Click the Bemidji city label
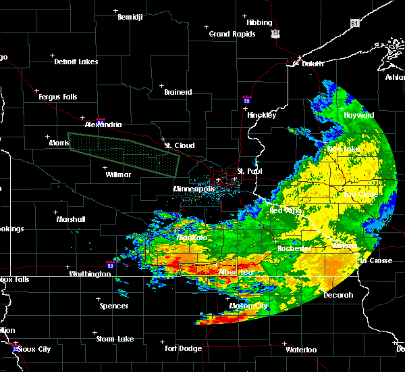pos(130,17)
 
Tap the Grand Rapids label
pos(232,34)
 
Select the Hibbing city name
pos(259,22)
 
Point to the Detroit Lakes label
pos(76,62)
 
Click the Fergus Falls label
pos(57,97)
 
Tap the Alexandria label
pos(103,124)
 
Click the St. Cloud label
pos(180,145)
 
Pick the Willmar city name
pos(118,175)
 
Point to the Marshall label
pos(71,219)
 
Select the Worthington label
pos(90,274)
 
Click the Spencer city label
pos(114,306)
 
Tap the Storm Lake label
pos(115,339)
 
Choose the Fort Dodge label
pos(184,348)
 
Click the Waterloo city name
pos(301,350)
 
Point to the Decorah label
pos(338,295)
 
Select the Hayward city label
pos(358,115)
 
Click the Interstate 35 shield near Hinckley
pos(247,99)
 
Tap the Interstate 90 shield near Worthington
pos(110,265)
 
